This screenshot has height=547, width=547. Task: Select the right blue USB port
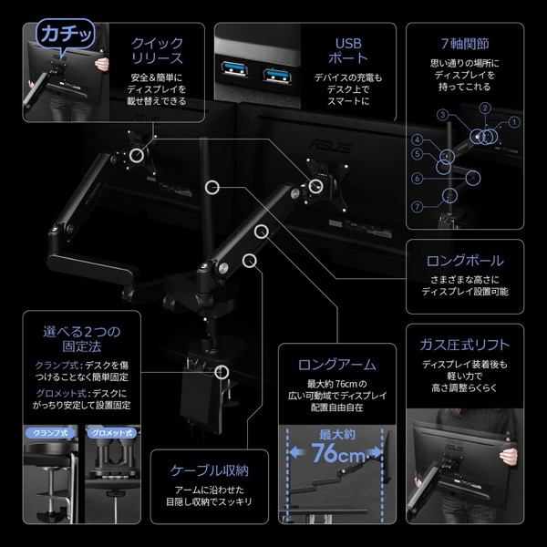[x=275, y=72]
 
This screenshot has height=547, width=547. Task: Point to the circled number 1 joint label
[x=513, y=121]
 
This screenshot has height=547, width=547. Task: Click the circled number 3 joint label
[x=441, y=116]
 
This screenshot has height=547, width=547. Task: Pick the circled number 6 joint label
[x=417, y=179]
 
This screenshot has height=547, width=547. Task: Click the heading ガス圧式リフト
[x=465, y=346]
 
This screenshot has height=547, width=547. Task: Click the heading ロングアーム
[x=337, y=365]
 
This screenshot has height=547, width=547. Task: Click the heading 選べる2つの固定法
[x=82, y=339]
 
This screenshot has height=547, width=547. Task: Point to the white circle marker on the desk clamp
[x=222, y=371]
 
